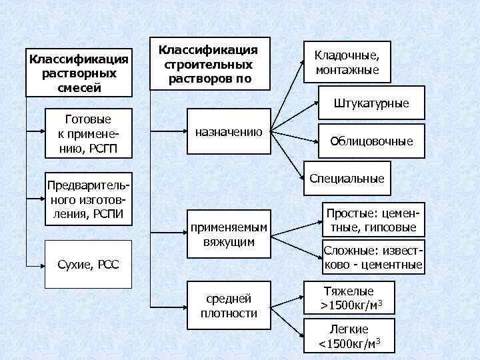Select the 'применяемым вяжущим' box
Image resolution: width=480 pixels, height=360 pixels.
click(229, 235)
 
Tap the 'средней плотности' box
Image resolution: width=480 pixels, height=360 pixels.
click(229, 305)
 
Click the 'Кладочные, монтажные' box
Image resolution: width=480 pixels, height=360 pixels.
click(346, 63)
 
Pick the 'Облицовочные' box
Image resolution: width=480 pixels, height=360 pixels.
click(371, 141)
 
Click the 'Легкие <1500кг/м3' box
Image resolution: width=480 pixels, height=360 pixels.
click(348, 335)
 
